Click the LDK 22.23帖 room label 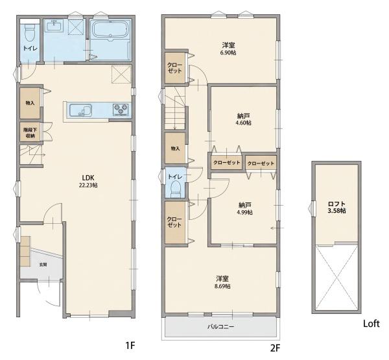(88, 181)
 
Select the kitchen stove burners (121, 110)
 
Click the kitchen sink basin (80, 110)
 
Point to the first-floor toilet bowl (30, 34)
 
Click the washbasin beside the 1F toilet (54, 25)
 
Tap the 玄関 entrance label (43, 265)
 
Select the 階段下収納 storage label (29, 133)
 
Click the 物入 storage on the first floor (30, 102)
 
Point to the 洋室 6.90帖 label (228, 49)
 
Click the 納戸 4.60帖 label (243, 119)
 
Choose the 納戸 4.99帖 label (245, 209)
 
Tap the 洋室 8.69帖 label (222, 282)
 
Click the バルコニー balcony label (220, 326)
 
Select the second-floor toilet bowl (176, 189)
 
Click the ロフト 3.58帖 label (336, 208)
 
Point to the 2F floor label (275, 348)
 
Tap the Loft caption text (371, 324)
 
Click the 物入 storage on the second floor (175, 149)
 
